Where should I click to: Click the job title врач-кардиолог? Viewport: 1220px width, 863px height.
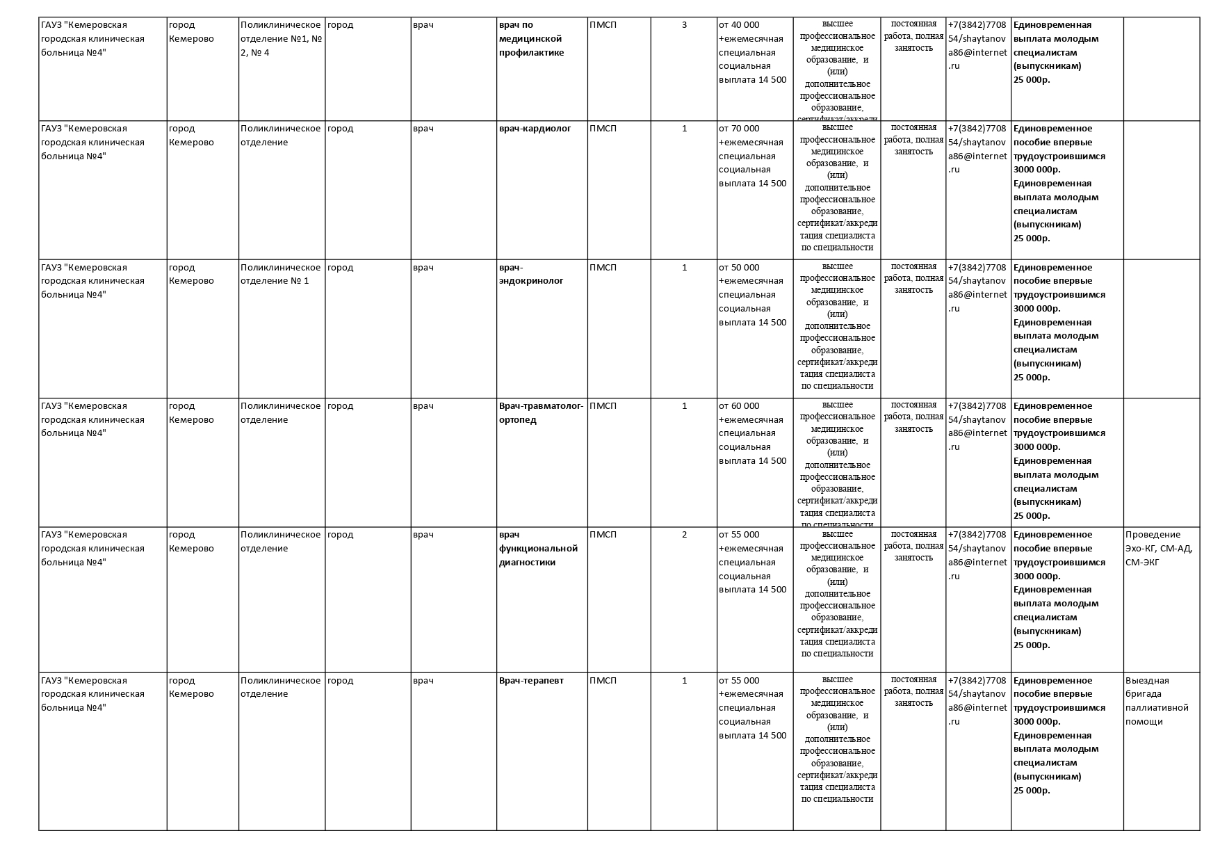(535, 129)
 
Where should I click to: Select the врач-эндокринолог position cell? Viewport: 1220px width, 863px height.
(531, 274)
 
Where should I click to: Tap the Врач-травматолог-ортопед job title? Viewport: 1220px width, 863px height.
(541, 412)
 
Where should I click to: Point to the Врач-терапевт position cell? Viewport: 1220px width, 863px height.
(531, 680)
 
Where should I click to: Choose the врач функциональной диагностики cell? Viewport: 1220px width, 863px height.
(538, 548)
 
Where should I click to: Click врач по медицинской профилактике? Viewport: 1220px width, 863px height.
(531, 39)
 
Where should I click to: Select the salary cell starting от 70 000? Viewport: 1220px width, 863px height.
(753, 156)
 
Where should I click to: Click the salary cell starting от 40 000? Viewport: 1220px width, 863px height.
(753, 52)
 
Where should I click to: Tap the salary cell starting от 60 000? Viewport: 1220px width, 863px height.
(753, 433)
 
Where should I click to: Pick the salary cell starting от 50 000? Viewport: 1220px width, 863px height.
(753, 294)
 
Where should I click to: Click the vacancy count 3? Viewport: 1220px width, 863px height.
(684, 25)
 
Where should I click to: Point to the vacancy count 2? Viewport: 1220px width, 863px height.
(684, 535)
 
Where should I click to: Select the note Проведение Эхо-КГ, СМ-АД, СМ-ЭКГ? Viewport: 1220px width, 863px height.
(1159, 548)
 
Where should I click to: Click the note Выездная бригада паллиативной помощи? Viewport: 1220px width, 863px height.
(1157, 700)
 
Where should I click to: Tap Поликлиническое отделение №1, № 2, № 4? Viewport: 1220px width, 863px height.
(281, 39)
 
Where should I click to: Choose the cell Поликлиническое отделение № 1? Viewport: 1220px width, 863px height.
(281, 274)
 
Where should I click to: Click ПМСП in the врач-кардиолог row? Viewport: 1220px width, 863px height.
(603, 129)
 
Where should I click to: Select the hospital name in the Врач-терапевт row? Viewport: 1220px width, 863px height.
(92, 693)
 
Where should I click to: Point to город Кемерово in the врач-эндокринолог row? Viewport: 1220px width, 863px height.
(191, 274)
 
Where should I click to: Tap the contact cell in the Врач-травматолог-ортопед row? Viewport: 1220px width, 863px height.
(977, 426)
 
